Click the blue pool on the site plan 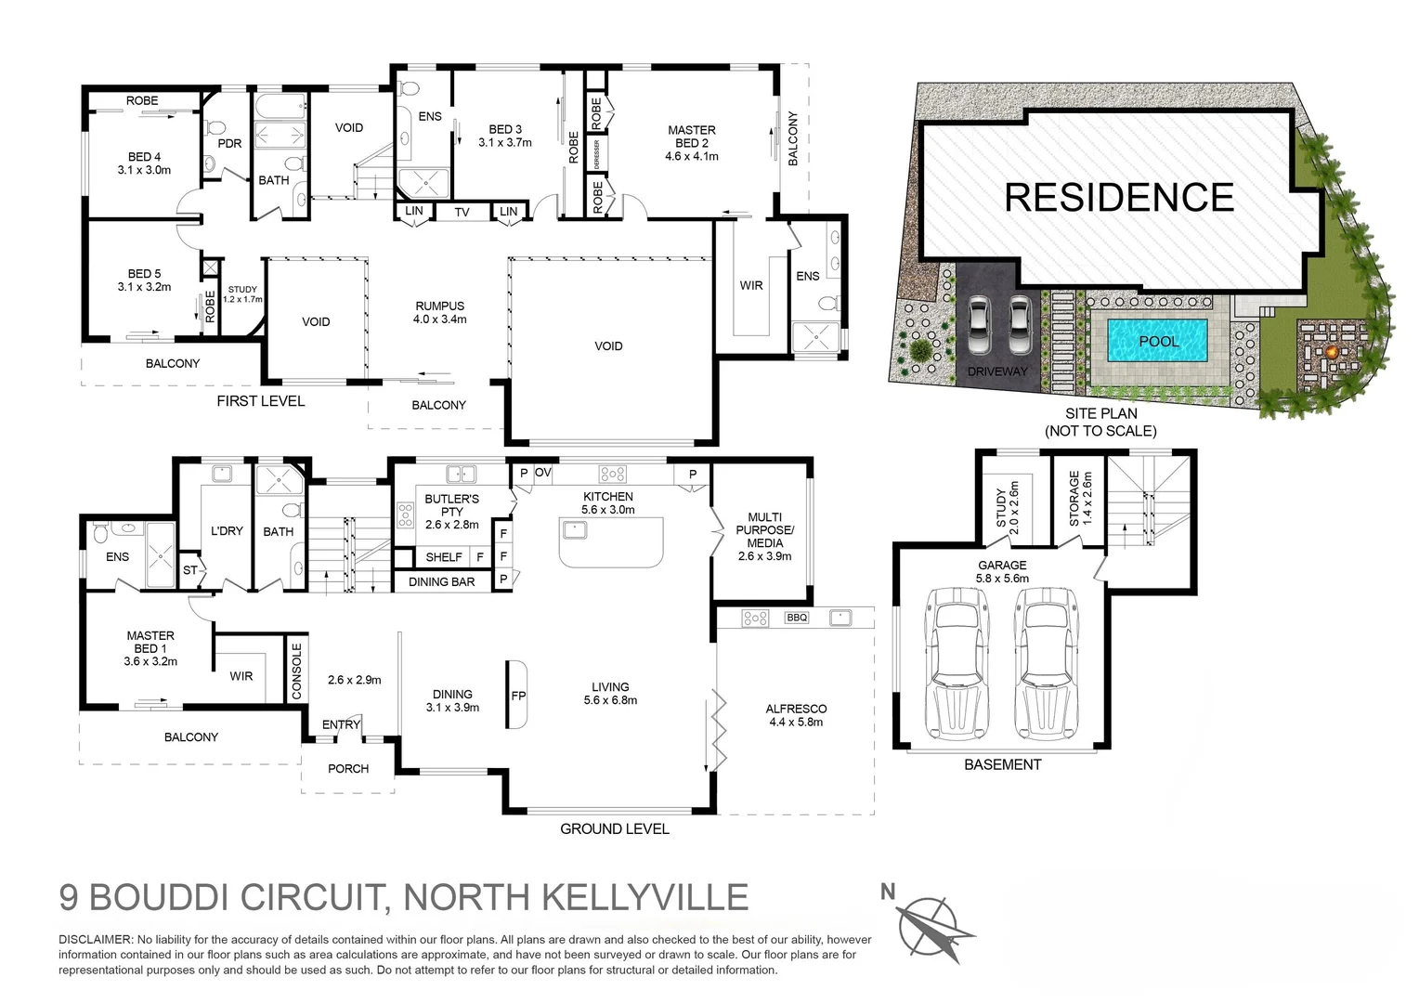coord(1157,341)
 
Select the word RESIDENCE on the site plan coord(1119,198)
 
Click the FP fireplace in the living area coord(518,695)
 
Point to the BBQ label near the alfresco coord(797,618)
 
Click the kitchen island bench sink coord(573,530)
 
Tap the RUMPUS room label coord(440,306)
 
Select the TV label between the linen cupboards coord(462,213)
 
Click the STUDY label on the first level coord(242,290)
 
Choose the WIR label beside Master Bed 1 coord(241,676)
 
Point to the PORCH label coord(348,768)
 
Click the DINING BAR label coord(442,581)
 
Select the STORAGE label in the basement coord(1074,499)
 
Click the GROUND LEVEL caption coord(614,828)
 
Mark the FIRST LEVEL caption coord(260,400)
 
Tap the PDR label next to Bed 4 coord(229,143)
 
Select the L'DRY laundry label coord(227,530)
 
